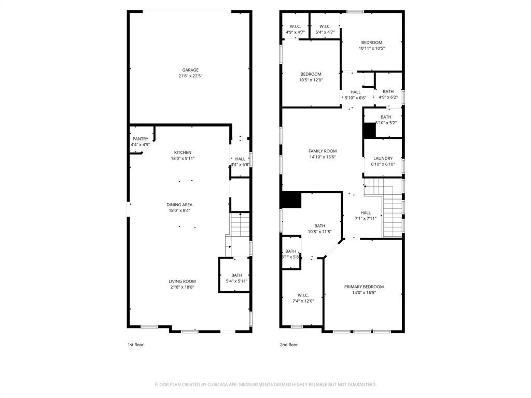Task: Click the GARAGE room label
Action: click(x=190, y=70)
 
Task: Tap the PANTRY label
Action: click(x=140, y=139)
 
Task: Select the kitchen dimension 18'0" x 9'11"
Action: click(x=183, y=159)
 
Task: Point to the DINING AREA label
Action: click(x=179, y=205)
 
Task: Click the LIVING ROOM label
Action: click(x=181, y=281)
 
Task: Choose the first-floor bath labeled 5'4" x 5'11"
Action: click(x=236, y=278)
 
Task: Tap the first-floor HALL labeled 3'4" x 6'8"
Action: click(x=240, y=162)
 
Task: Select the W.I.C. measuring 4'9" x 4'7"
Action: click(x=295, y=29)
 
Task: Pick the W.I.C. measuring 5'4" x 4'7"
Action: click(x=325, y=29)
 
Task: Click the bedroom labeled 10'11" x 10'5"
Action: click(x=371, y=45)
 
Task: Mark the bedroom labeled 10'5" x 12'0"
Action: click(x=311, y=77)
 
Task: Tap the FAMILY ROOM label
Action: click(x=323, y=154)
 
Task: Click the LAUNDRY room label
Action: click(x=383, y=161)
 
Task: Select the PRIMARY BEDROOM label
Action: click(x=364, y=289)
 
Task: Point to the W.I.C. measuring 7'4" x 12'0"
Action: click(x=303, y=298)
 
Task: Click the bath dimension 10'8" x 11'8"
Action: click(x=319, y=232)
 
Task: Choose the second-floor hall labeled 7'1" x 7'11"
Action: click(x=366, y=215)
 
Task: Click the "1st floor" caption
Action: click(x=135, y=345)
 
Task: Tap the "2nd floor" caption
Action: click(x=289, y=345)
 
